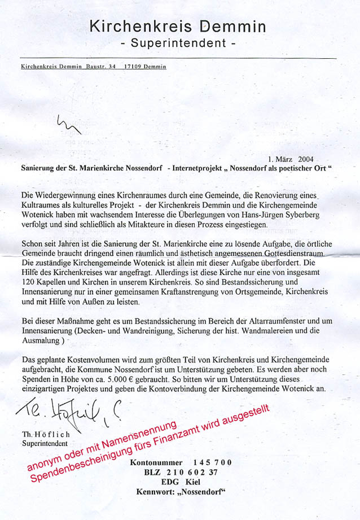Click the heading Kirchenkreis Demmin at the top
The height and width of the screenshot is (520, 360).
point(179,25)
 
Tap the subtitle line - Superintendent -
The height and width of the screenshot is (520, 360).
point(179,43)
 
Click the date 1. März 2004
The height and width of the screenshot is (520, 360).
point(290,159)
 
